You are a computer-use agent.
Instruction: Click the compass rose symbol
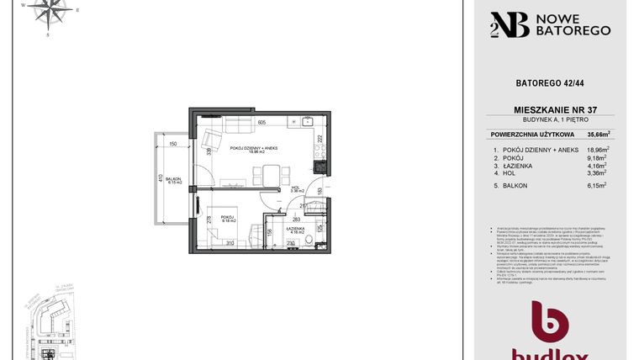49,12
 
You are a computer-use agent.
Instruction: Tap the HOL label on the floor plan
295,190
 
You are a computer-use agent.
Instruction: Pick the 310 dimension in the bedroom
229,244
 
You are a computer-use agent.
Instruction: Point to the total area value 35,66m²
598,134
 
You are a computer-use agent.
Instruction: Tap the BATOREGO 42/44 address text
551,82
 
